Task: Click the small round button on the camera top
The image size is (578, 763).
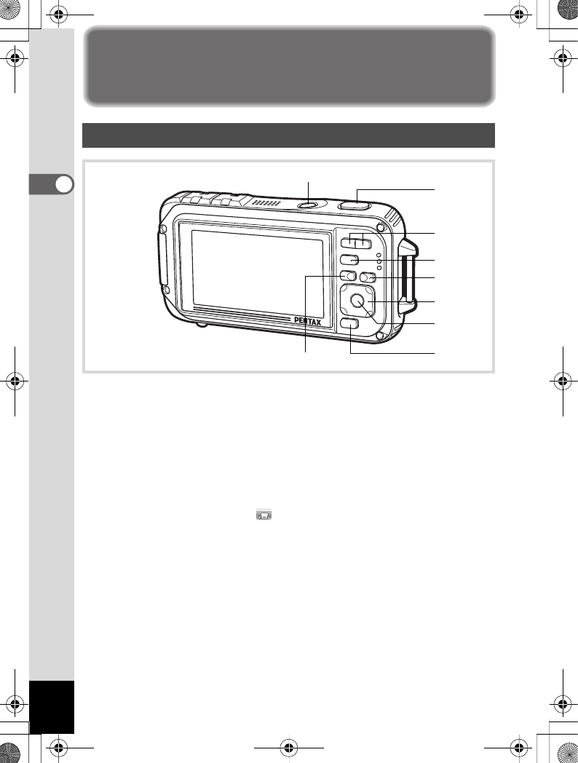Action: tap(308, 205)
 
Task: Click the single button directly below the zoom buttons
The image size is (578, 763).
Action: tap(349, 260)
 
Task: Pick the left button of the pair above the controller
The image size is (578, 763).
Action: tap(348, 277)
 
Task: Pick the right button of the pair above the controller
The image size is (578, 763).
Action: tap(368, 277)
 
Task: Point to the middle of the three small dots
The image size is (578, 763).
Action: tap(379, 261)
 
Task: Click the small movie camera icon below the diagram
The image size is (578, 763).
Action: tap(263, 515)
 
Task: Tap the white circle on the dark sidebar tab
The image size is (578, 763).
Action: tap(65, 183)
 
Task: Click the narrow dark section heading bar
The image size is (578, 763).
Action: tap(288, 135)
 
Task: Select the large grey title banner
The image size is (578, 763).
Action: tap(288, 65)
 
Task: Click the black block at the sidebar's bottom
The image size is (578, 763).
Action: tap(52, 707)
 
